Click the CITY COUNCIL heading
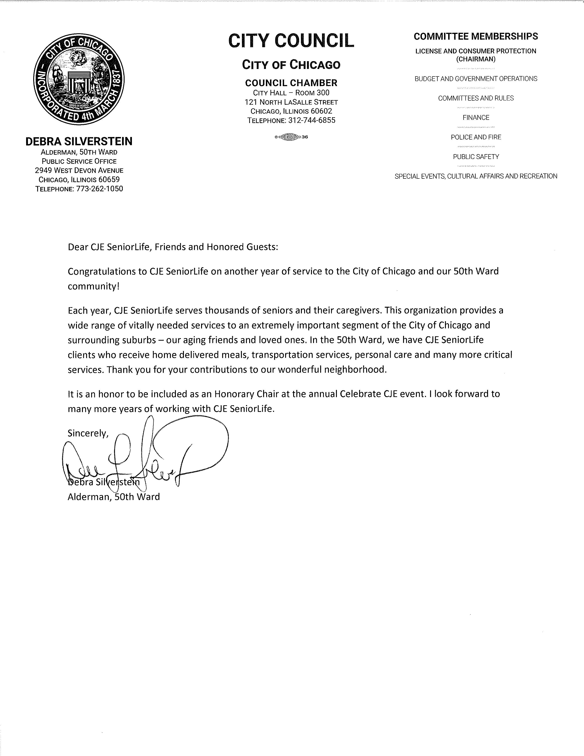click(291, 41)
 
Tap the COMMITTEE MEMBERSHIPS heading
click(476, 36)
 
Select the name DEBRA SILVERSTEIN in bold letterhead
click(79, 141)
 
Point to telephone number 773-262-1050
click(98, 189)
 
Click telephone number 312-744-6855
click(311, 121)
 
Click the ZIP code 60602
click(321, 111)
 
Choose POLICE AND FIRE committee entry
click(476, 137)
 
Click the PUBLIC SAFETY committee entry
click(476, 157)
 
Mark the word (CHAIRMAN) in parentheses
click(476, 59)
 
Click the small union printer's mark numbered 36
click(291, 137)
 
